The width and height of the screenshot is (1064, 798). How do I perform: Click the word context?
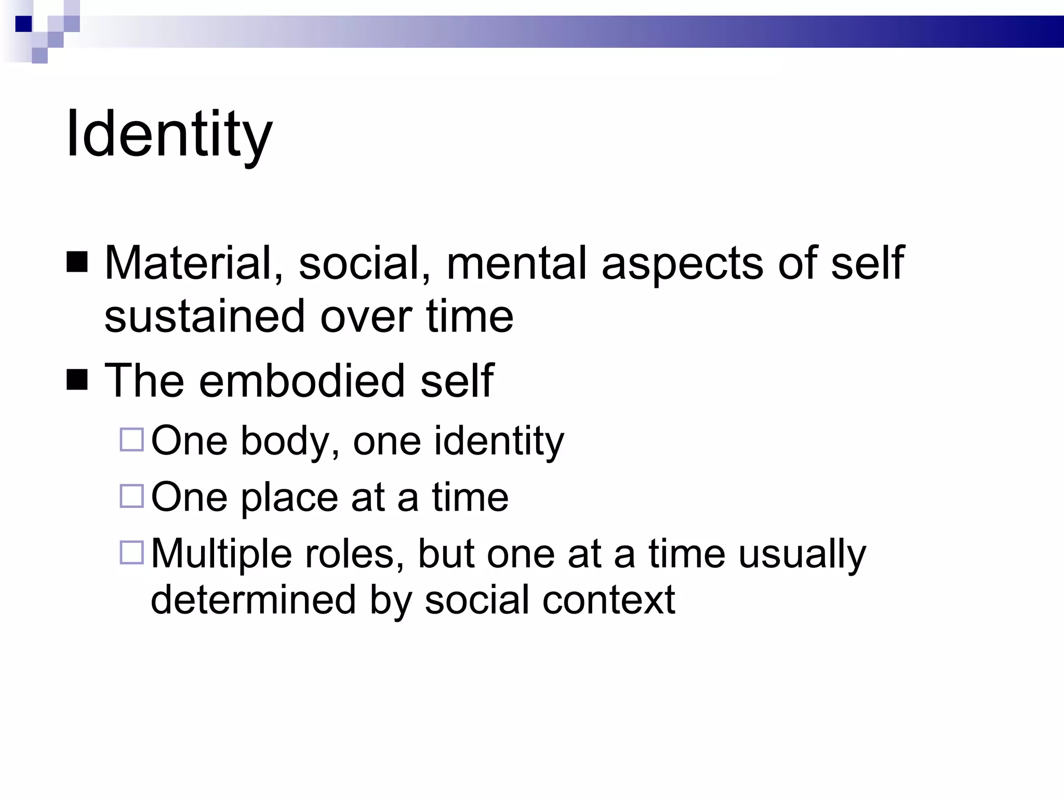pyautogui.click(x=608, y=601)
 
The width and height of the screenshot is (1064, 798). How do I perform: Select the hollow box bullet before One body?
pyautogui.click(x=131, y=440)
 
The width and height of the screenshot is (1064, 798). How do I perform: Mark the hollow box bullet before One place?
pyautogui.click(x=131, y=496)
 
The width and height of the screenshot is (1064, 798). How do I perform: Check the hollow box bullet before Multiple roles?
pyautogui.click(x=131, y=552)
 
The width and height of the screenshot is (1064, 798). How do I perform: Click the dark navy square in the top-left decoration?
pyautogui.click(x=24, y=24)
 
